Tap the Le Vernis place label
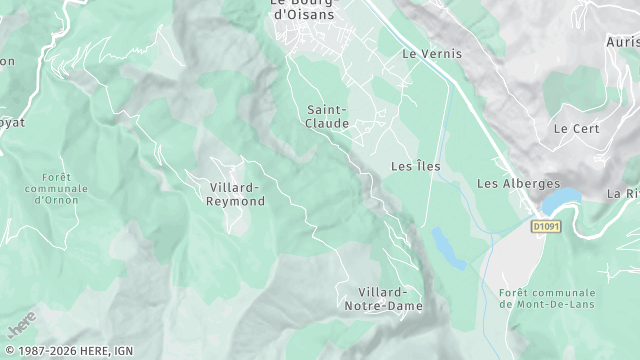coord(432,53)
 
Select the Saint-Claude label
coord(328,116)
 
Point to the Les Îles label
coord(413,166)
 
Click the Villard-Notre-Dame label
coord(383,298)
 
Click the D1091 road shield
coord(546,227)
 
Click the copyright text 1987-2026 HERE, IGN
coord(68,351)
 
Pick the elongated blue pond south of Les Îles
coord(449,248)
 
